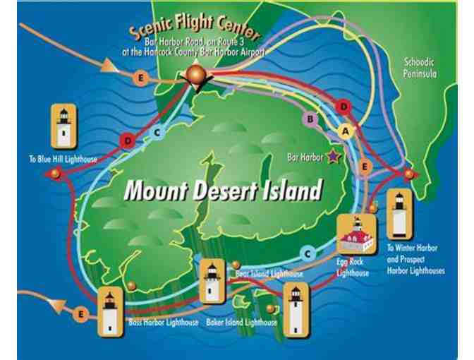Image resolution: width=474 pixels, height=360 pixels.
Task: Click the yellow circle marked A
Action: (345, 130)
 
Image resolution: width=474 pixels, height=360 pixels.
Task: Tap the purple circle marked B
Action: (309, 119)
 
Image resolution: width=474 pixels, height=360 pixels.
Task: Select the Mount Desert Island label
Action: (223, 190)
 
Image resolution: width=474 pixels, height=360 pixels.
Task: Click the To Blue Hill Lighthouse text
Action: (63, 159)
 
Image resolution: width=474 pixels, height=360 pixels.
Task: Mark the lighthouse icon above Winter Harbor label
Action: (400, 213)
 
